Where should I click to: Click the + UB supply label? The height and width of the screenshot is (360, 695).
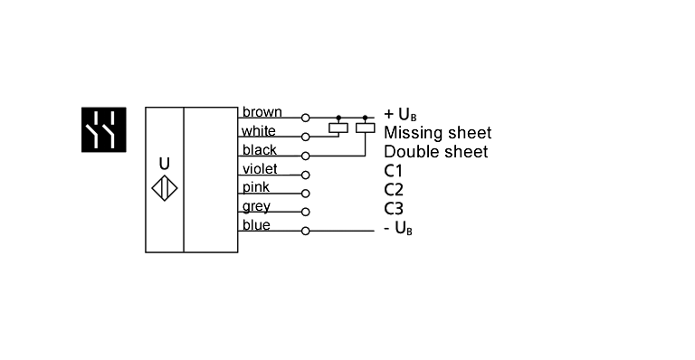coord(399,115)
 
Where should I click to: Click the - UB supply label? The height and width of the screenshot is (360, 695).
coord(397,228)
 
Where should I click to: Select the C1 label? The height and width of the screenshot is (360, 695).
coord(393,171)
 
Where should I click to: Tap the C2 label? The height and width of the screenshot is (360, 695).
coord(393,190)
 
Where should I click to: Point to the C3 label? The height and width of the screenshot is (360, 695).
coord(393,209)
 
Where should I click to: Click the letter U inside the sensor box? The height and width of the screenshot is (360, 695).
coord(164,165)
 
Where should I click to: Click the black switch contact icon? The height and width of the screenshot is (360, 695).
coord(103,129)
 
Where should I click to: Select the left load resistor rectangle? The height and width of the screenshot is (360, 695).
coord(338,128)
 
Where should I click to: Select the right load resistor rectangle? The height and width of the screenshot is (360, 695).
coord(364,128)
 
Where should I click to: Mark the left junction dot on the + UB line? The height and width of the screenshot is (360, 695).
coord(338,118)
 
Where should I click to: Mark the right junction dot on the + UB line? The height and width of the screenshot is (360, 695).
coord(365,118)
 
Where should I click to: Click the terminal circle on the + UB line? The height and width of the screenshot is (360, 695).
coord(305,118)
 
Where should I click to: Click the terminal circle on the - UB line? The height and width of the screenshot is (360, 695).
coord(305,231)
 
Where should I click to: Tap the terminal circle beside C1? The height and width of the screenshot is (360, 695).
coord(305,175)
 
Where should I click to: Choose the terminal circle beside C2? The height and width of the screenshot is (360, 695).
coord(305,194)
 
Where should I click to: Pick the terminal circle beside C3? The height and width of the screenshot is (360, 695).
coord(305,212)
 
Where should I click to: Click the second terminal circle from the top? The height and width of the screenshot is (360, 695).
coord(305,137)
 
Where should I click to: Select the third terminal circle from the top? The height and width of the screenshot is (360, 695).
coord(305,156)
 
